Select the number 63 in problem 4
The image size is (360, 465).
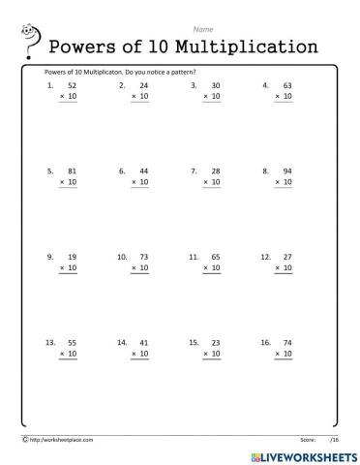(x=285, y=85)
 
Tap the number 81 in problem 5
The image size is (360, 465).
(x=72, y=170)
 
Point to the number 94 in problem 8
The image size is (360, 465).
(x=285, y=170)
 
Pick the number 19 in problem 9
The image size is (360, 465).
(x=72, y=257)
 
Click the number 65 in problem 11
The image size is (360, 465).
(x=215, y=257)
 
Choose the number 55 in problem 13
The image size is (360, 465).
(x=72, y=342)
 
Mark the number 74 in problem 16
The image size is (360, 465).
(x=285, y=342)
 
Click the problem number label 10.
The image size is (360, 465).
(x=122, y=257)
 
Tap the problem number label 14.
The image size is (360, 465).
(x=122, y=342)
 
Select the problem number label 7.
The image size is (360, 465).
(x=194, y=170)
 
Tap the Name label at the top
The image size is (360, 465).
(x=203, y=30)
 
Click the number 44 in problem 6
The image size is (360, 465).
(x=143, y=170)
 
